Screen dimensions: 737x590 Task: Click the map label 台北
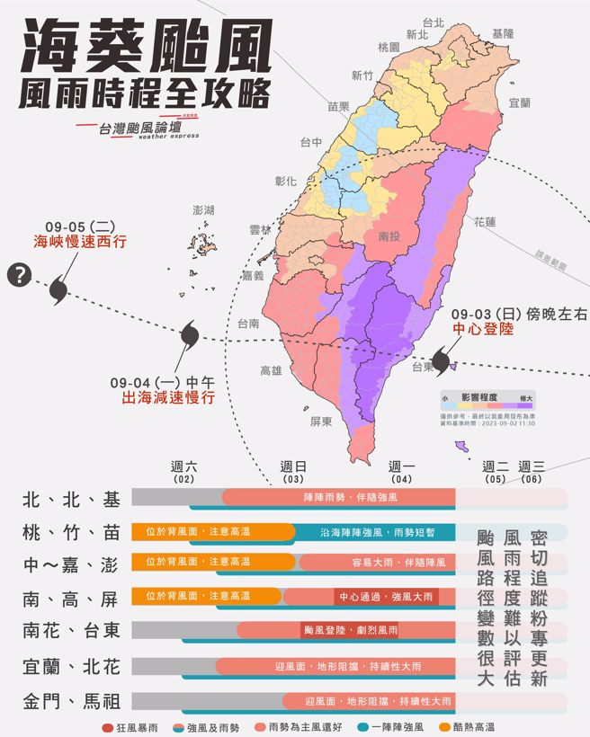(x=433, y=22)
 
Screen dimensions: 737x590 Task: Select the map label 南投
(x=389, y=235)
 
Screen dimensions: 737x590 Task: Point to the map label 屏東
(x=321, y=421)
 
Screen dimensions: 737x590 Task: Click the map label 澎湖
(x=203, y=209)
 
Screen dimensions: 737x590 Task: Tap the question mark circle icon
(x=18, y=276)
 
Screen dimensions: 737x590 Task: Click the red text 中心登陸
(x=482, y=330)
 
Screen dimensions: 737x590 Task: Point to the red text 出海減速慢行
(x=162, y=397)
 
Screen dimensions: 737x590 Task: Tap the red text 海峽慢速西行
(x=80, y=241)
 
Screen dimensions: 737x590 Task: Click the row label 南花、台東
(x=71, y=631)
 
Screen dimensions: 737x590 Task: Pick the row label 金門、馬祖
(x=71, y=701)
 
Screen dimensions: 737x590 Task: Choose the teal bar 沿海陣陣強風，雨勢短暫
(x=375, y=532)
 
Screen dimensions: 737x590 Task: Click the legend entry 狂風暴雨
(x=132, y=726)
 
